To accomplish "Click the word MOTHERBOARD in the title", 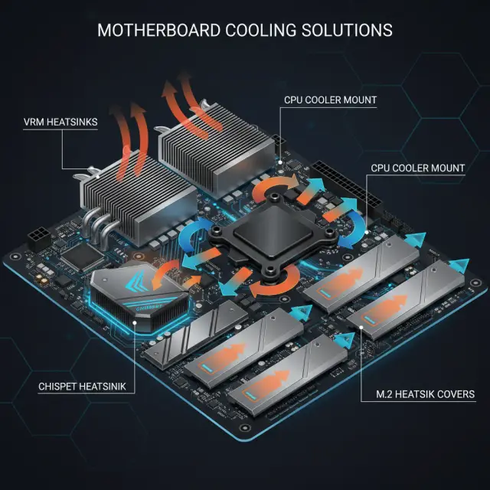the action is tap(158, 31).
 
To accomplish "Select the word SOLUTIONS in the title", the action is tap(347, 31).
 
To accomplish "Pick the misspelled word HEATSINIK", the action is tap(104, 387).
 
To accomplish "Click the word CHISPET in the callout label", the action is tap(59, 387).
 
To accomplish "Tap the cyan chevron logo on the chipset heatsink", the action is tap(136, 281).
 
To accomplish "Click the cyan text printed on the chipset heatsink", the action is tap(149, 308).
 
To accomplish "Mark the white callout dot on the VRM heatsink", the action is tap(98, 177).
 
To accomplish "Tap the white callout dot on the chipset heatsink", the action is tap(135, 322).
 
